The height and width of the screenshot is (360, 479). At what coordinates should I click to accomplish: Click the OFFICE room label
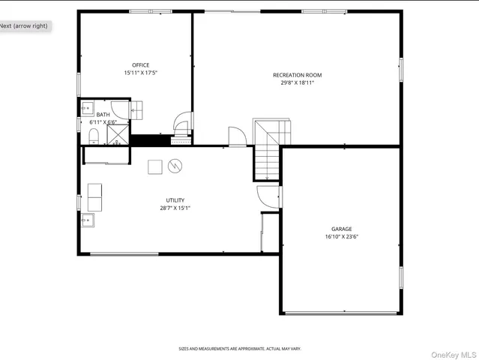pyautogui.click(x=141, y=65)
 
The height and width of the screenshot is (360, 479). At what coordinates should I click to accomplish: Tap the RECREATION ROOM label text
pyautogui.click(x=297, y=75)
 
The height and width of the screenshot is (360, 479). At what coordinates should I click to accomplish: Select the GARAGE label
pyautogui.click(x=341, y=229)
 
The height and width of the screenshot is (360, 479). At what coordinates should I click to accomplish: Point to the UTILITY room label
pyautogui.click(x=175, y=200)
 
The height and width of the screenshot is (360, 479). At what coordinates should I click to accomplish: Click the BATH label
pyautogui.click(x=103, y=114)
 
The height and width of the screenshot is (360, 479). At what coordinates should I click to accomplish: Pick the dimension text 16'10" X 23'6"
pyautogui.click(x=341, y=237)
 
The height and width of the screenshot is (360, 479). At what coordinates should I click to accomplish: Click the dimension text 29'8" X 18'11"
pyautogui.click(x=297, y=82)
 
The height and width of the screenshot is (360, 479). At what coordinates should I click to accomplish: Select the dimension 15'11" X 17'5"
pyautogui.click(x=141, y=73)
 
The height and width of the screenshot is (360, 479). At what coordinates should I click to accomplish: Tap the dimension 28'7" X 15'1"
pyautogui.click(x=175, y=208)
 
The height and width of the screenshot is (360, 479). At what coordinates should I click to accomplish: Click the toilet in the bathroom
pyautogui.click(x=94, y=135)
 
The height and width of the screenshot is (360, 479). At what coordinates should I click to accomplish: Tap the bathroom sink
pyautogui.click(x=86, y=106)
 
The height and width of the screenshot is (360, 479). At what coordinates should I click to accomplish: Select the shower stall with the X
pyautogui.click(x=117, y=133)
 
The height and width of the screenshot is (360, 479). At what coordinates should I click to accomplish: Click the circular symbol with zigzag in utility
pyautogui.click(x=175, y=166)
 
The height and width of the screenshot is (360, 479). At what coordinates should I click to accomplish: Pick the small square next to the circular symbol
pyautogui.click(x=154, y=166)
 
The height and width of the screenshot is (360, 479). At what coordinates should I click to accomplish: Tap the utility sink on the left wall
pyautogui.click(x=88, y=220)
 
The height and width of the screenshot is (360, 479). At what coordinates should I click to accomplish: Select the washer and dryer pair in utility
pyautogui.click(x=95, y=197)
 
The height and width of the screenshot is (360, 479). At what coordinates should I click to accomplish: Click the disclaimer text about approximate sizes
pyautogui.click(x=239, y=349)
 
